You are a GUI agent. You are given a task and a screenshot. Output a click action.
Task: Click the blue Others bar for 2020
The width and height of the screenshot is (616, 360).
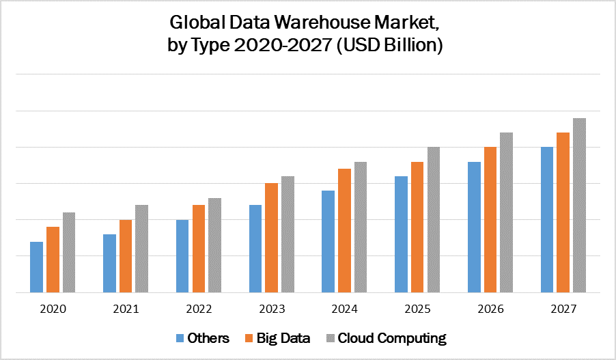(x=36, y=266)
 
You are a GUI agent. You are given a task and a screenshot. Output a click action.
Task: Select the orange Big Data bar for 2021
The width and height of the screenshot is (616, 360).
(x=126, y=255)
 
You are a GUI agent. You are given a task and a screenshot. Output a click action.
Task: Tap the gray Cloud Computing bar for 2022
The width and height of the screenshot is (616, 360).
(x=214, y=245)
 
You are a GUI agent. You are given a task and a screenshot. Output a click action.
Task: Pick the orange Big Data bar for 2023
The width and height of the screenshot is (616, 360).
(x=272, y=237)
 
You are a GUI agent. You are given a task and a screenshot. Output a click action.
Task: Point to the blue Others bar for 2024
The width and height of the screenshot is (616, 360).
(x=328, y=240)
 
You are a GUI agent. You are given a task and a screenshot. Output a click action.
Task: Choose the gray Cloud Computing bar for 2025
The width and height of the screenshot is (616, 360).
(x=434, y=219)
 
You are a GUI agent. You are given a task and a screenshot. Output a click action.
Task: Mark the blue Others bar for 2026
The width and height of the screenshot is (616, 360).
(x=474, y=226)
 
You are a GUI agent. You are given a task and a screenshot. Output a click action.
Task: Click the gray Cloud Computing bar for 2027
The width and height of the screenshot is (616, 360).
(x=579, y=205)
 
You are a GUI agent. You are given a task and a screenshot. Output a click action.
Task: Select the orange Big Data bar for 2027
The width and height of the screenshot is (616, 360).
(x=563, y=212)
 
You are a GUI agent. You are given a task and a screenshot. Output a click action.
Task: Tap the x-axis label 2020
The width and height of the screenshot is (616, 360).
(x=53, y=309)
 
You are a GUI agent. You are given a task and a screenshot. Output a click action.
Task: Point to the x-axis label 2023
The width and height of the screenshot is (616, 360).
(x=272, y=309)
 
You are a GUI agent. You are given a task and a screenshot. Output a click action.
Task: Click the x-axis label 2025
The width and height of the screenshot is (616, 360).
(x=418, y=309)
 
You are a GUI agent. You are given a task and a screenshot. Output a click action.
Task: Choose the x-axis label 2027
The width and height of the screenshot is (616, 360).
(x=563, y=309)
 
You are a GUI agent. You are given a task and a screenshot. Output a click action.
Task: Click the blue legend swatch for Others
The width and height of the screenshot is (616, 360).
(x=180, y=338)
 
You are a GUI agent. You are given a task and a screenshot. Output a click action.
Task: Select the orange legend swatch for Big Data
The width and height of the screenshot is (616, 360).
(x=251, y=338)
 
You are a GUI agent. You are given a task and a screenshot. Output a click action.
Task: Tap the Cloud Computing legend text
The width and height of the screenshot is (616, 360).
(x=392, y=338)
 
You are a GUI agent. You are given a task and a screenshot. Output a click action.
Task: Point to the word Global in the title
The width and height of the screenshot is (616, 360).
(x=194, y=23)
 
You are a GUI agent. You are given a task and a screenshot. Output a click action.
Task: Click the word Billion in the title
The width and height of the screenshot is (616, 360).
(x=412, y=46)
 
